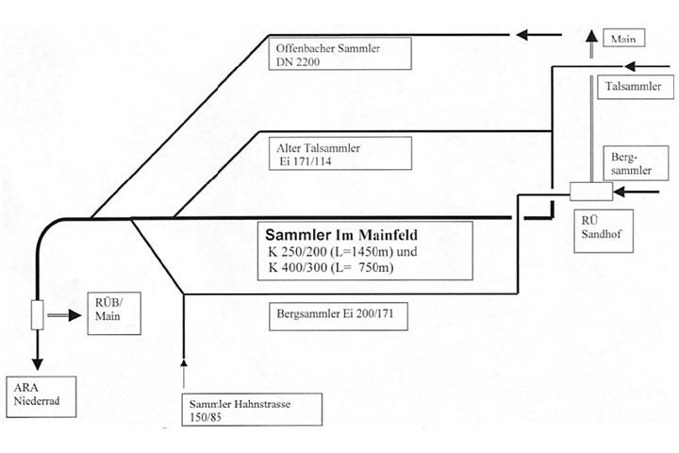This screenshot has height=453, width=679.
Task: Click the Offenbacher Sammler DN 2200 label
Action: point(340,52)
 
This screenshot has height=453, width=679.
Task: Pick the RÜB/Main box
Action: point(112,312)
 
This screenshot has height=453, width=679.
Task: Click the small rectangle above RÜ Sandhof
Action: point(590,192)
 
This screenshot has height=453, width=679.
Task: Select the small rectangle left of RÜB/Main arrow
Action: point(39,315)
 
